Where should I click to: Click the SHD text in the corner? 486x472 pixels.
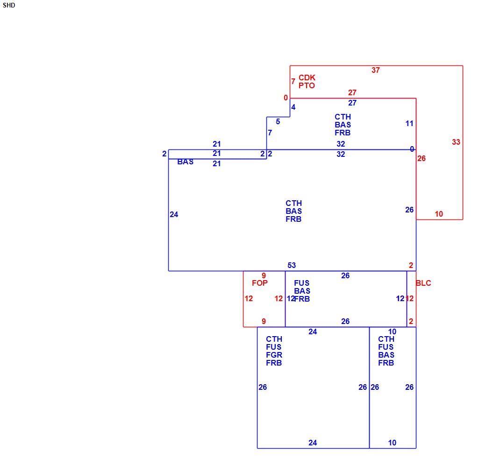pyautogui.click(x=9, y=5)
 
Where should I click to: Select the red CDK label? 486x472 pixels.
pyautogui.click(x=307, y=77)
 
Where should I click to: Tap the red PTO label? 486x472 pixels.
pyautogui.click(x=307, y=85)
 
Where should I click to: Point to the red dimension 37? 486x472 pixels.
pyautogui.click(x=376, y=70)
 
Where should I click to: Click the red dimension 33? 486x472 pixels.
pyautogui.click(x=456, y=142)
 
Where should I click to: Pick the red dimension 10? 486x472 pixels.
pyautogui.click(x=439, y=214)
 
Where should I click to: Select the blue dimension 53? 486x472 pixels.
pyautogui.click(x=292, y=266)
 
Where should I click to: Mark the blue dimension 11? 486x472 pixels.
pyautogui.click(x=409, y=124)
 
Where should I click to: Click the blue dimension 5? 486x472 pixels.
pyautogui.click(x=278, y=122)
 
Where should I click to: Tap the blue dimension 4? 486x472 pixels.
pyautogui.click(x=293, y=107)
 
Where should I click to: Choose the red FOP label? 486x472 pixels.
pyautogui.click(x=260, y=283)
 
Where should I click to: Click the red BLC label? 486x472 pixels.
pyautogui.click(x=423, y=283)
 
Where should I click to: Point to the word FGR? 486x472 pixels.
pyautogui.click(x=274, y=355)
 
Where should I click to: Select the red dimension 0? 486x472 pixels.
pyautogui.click(x=286, y=98)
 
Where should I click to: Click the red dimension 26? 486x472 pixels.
pyautogui.click(x=421, y=159)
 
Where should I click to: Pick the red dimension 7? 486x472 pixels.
pyautogui.click(x=293, y=81)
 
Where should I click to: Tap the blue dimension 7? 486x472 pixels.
pyautogui.click(x=270, y=133)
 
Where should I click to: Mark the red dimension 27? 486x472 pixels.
pyautogui.click(x=352, y=92)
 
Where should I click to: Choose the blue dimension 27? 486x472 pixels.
pyautogui.click(x=352, y=103)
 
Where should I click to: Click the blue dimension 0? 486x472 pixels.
pyautogui.click(x=412, y=149)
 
